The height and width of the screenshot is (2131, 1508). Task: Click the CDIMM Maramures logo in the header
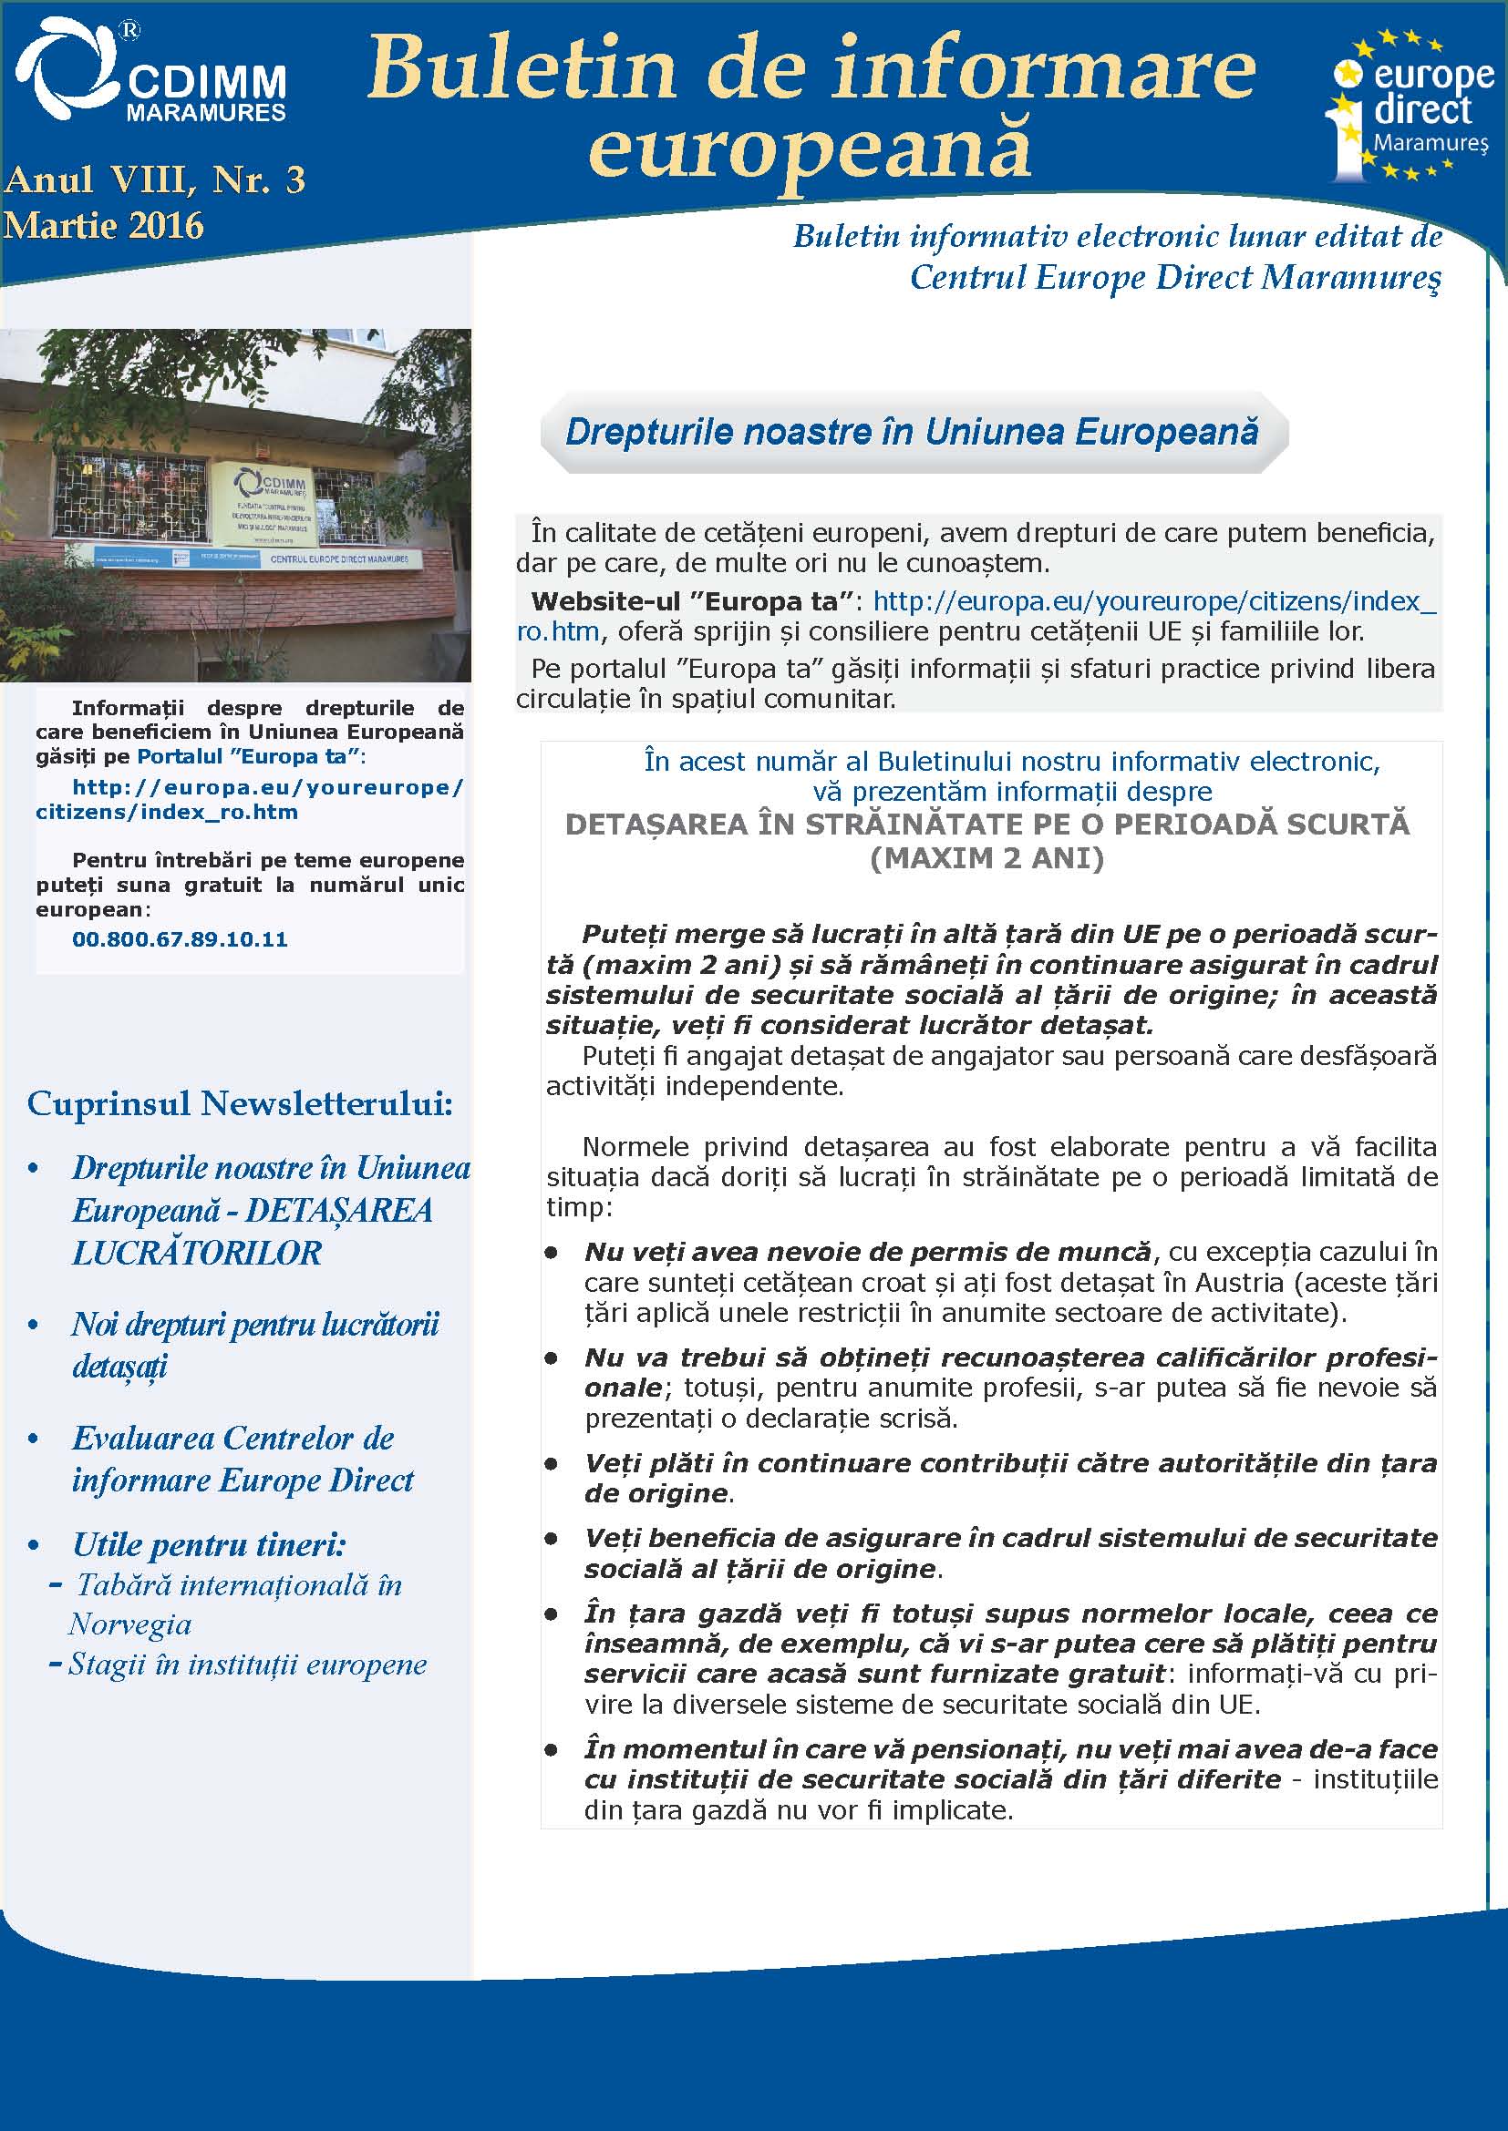[150, 72]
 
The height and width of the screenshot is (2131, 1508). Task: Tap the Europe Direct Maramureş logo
[1409, 107]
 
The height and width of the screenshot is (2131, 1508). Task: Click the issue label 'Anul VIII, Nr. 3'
[154, 180]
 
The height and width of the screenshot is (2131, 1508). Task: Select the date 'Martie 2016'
[103, 226]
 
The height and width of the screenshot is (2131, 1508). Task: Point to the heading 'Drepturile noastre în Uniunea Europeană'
[912, 433]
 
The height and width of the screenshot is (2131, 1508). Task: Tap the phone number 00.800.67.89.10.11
[181, 939]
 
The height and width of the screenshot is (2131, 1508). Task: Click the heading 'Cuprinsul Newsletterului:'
[240, 1103]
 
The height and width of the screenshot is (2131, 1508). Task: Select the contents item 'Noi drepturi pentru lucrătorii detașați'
[254, 1345]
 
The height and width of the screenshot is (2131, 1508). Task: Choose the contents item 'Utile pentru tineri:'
[209, 1545]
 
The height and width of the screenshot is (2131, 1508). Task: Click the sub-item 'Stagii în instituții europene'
[247, 1665]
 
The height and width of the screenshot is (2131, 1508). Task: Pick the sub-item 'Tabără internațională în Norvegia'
[238, 1604]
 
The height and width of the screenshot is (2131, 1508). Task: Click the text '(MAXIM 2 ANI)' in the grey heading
[987, 857]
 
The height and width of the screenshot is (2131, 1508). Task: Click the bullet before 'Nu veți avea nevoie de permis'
[552, 1253]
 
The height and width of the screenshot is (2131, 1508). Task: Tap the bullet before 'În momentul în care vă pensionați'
[552, 1750]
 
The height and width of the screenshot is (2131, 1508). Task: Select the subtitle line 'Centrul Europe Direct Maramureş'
[1174, 278]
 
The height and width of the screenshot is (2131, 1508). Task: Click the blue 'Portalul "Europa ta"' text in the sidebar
[248, 756]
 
